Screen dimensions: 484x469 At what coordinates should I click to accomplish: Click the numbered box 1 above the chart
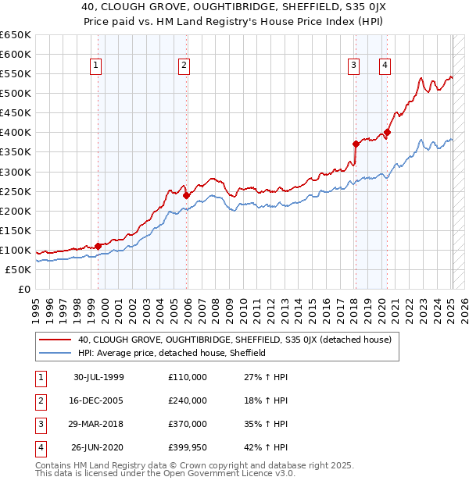pyautogui.click(x=95, y=66)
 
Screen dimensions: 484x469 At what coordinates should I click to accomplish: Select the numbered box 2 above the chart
pyautogui.click(x=184, y=66)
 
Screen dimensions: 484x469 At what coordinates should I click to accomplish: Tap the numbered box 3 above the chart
pyautogui.click(x=354, y=66)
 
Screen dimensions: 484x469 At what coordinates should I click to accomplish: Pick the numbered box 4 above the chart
pyautogui.click(x=385, y=66)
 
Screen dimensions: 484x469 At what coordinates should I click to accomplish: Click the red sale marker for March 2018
pyautogui.click(x=356, y=144)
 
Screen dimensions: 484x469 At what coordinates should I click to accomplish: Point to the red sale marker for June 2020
pyautogui.click(x=387, y=132)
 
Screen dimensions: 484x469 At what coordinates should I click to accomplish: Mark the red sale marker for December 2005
pyautogui.click(x=187, y=195)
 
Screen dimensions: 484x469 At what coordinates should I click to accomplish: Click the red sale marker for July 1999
pyautogui.click(x=98, y=246)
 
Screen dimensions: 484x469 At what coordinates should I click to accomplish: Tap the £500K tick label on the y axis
pyautogui.click(x=16, y=94)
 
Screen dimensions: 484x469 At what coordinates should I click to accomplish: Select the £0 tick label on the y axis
pyautogui.click(x=23, y=289)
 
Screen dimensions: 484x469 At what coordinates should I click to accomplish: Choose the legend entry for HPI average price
pyautogui.click(x=172, y=353)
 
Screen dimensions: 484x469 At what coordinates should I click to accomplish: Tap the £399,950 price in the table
pyautogui.click(x=188, y=448)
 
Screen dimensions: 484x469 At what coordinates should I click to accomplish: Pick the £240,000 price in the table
pyautogui.click(x=188, y=400)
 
